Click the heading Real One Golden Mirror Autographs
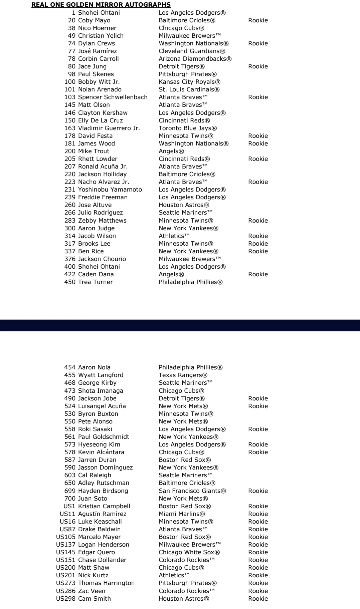click(101, 5)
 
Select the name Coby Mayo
click(94, 20)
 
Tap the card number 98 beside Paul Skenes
click(71, 74)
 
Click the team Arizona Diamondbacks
click(195, 59)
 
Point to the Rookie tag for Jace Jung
click(258, 66)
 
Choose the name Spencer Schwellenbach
click(113, 97)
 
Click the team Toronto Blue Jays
click(188, 128)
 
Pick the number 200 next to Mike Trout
click(70, 151)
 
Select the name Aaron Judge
click(96, 228)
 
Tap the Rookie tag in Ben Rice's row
click(258, 251)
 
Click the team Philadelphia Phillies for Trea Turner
click(190, 282)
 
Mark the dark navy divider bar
click(180, 325)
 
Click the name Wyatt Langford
click(101, 375)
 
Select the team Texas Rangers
click(183, 375)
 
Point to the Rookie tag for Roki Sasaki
click(258, 429)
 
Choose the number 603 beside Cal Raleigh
click(70, 475)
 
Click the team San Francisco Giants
click(192, 491)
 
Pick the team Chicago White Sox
click(189, 552)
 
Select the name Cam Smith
click(94, 599)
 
